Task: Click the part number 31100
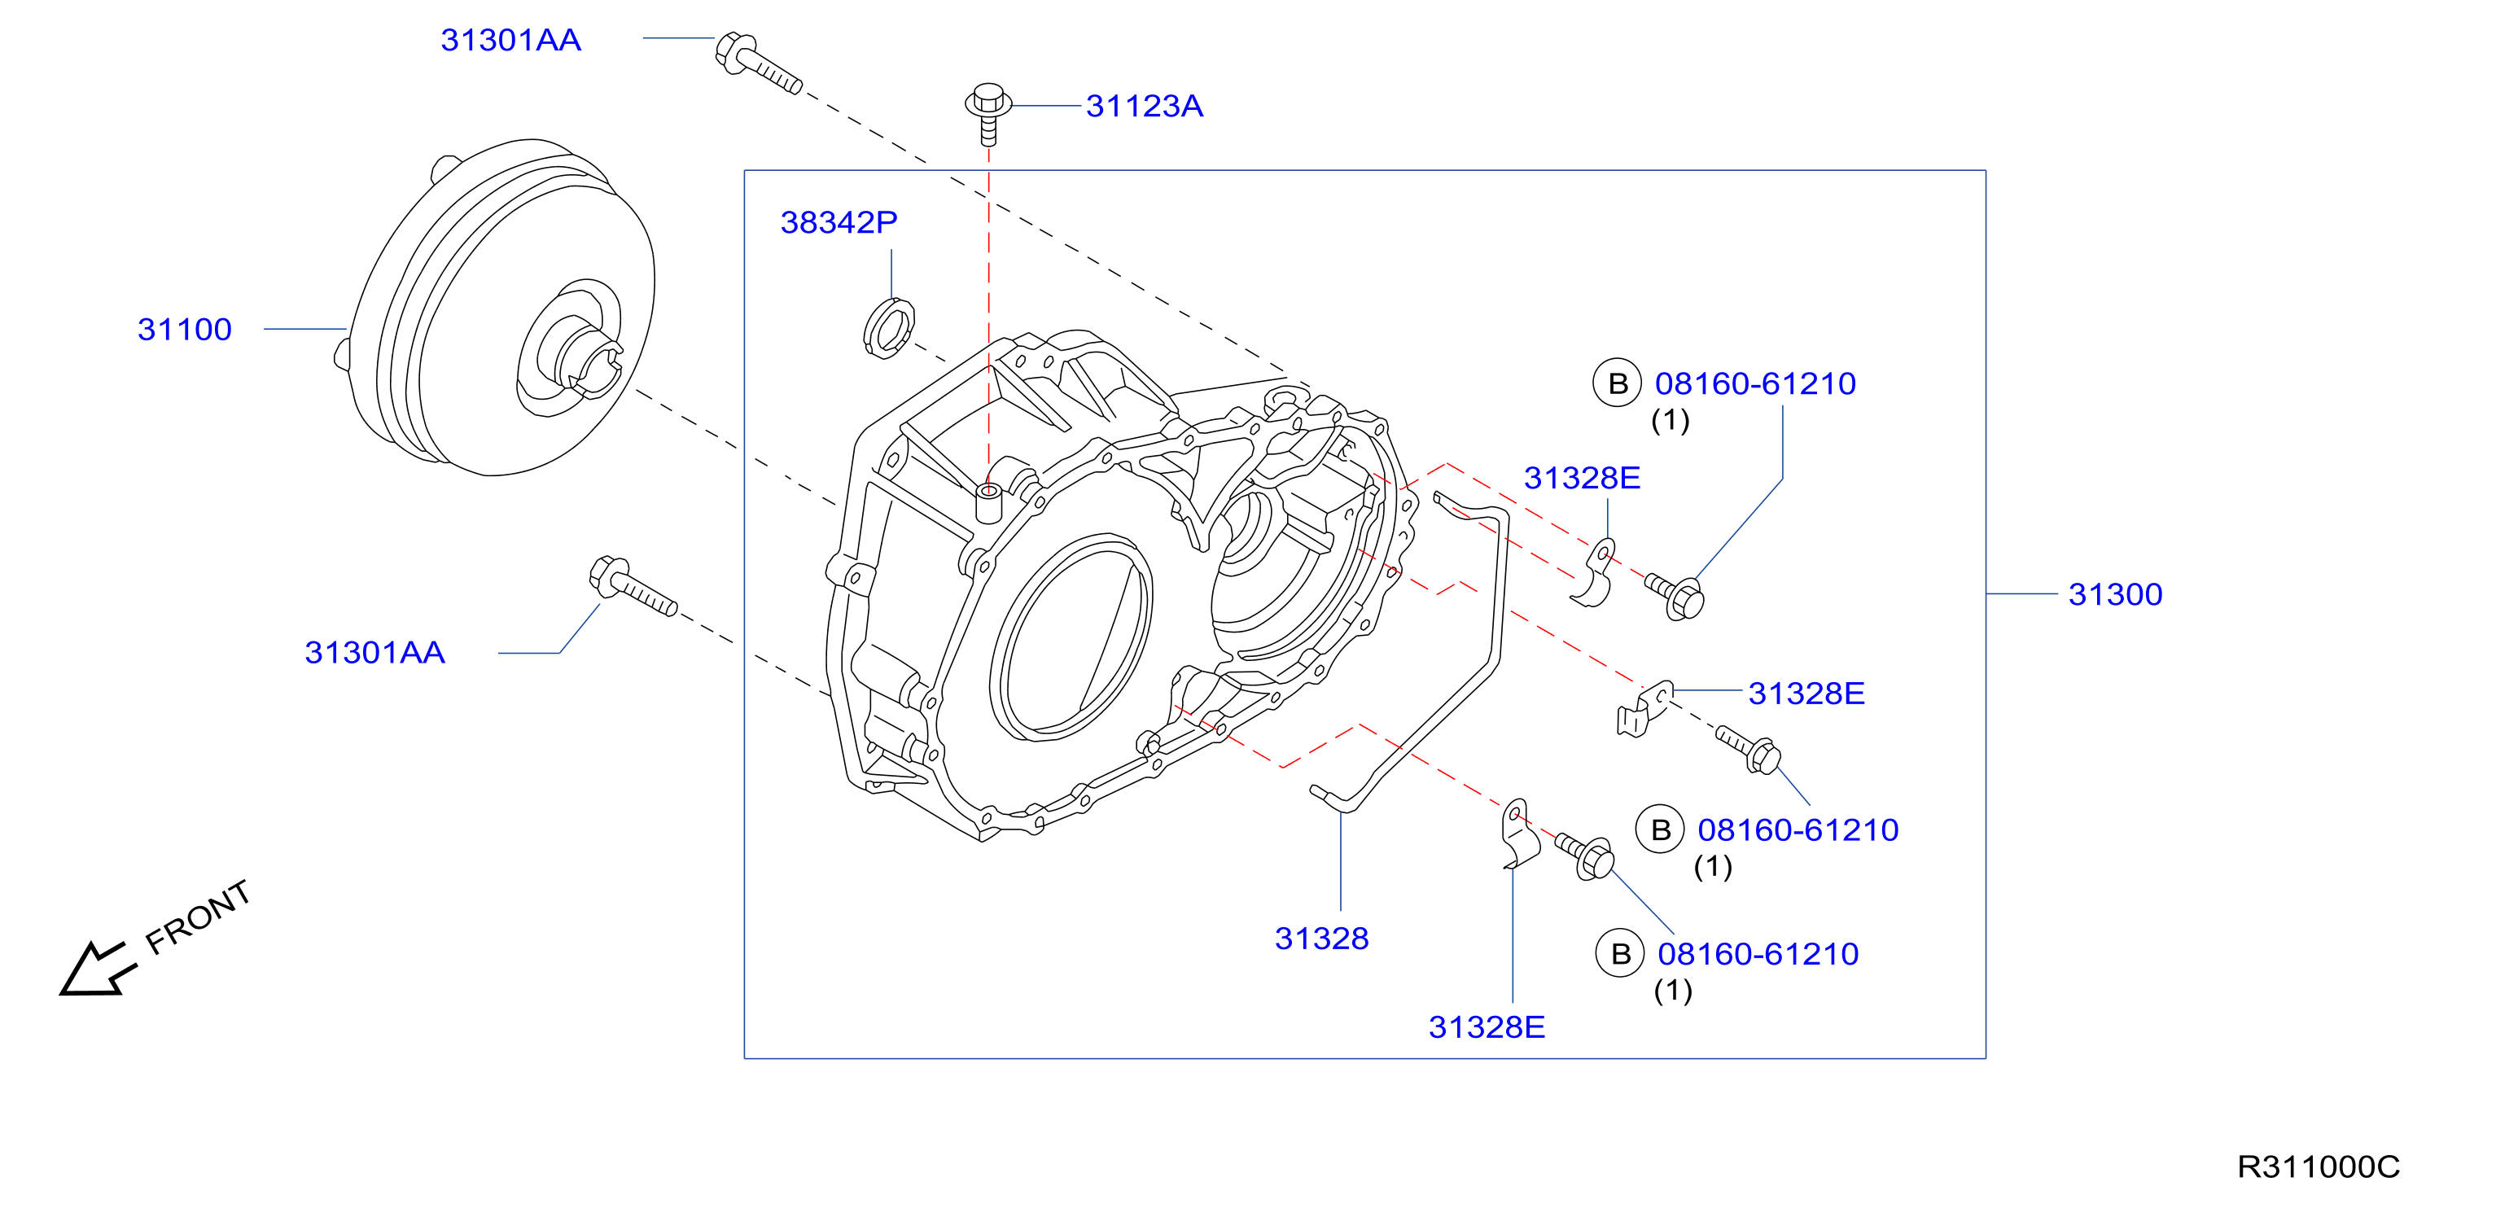click(x=184, y=330)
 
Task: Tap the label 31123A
click(x=1145, y=106)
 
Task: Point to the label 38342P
click(x=839, y=222)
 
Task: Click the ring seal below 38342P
click(x=888, y=328)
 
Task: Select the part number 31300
click(x=2115, y=594)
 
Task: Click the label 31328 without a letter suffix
click(x=1321, y=938)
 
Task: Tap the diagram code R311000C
click(x=2318, y=1166)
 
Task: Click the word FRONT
click(x=198, y=917)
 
